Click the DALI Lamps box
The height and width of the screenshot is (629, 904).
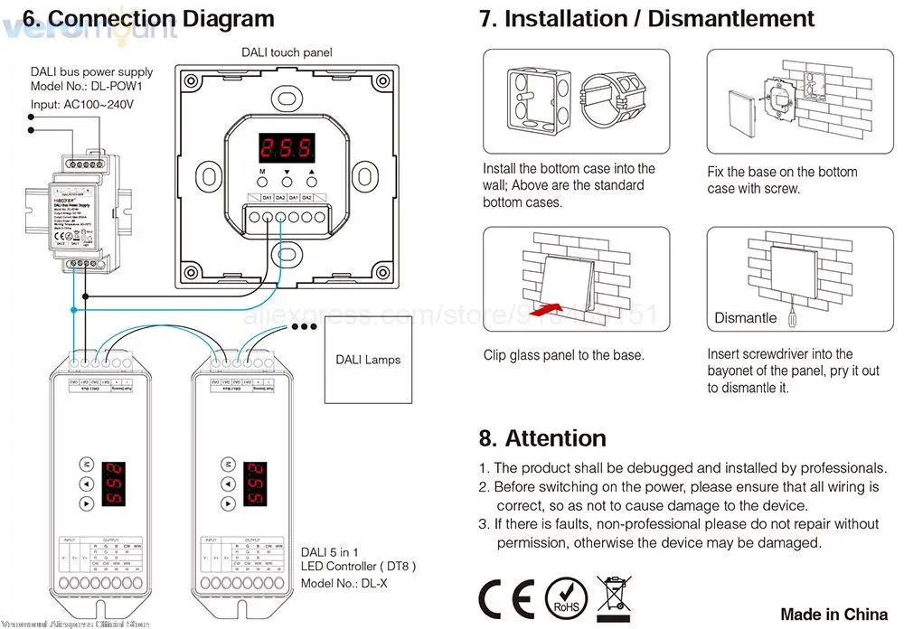pos(368,360)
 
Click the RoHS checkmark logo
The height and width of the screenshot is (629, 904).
pos(565,596)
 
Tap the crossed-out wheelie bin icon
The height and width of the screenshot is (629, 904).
pos(615,595)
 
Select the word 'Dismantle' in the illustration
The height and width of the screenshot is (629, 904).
pos(745,318)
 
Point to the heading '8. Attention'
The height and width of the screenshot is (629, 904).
pos(542,438)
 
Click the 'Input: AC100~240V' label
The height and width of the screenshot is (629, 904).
pos(82,105)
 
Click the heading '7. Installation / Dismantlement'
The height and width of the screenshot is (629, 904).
pos(645,19)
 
